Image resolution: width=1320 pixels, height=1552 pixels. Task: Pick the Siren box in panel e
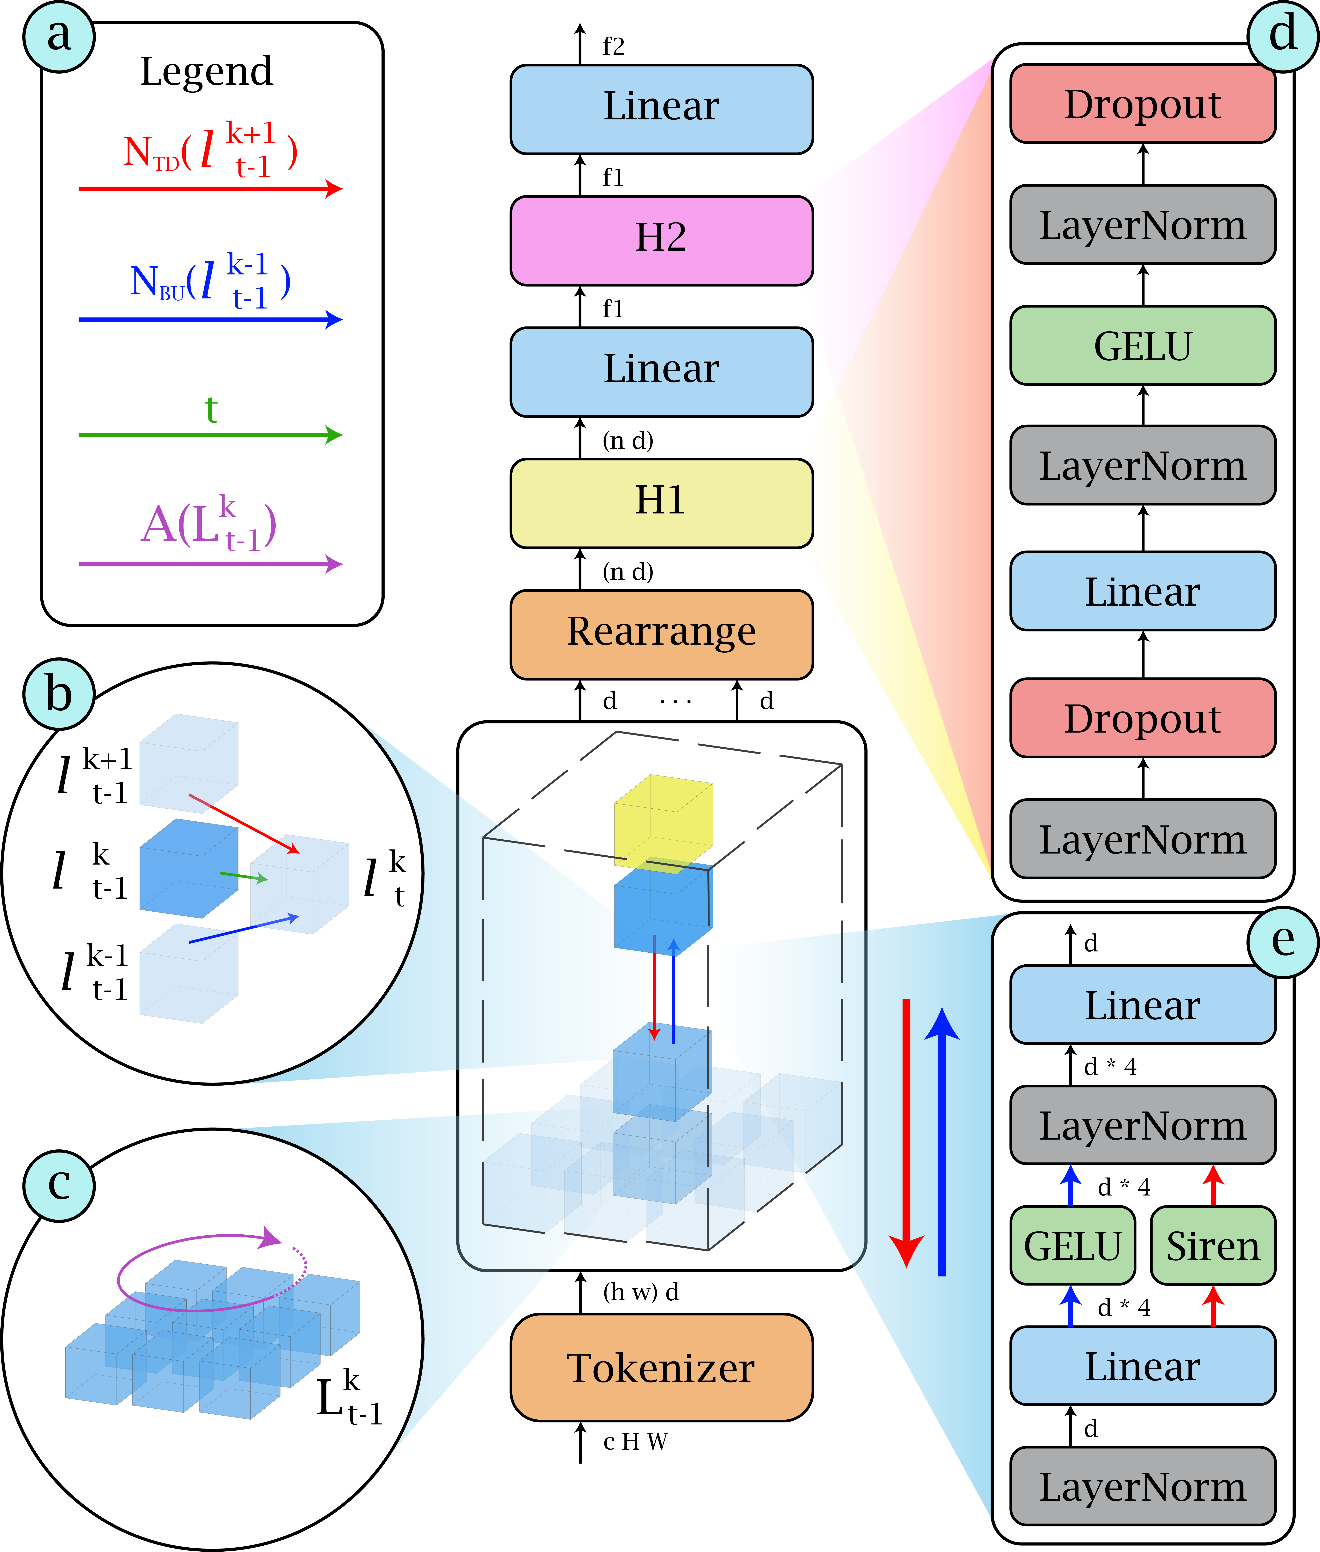[1212, 1245]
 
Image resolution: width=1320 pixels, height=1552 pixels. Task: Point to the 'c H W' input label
[635, 1441]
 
